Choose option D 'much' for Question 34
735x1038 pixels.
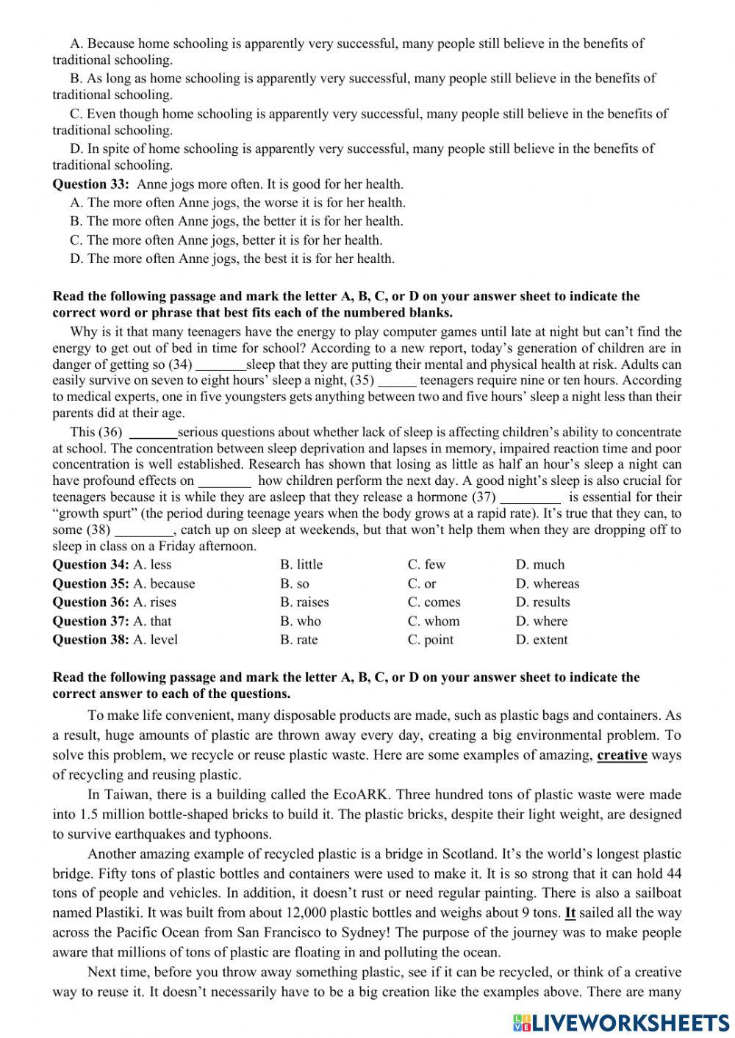[539, 564]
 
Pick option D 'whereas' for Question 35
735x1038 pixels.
[547, 583]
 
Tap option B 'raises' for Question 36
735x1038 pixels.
[304, 602]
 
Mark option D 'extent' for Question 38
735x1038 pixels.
[541, 639]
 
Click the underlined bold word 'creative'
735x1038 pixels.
[622, 754]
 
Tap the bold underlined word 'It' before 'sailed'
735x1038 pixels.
[570, 912]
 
